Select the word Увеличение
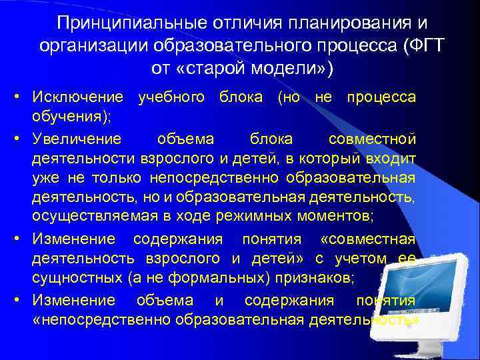[x=78, y=139]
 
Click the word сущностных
[x=75, y=277]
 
